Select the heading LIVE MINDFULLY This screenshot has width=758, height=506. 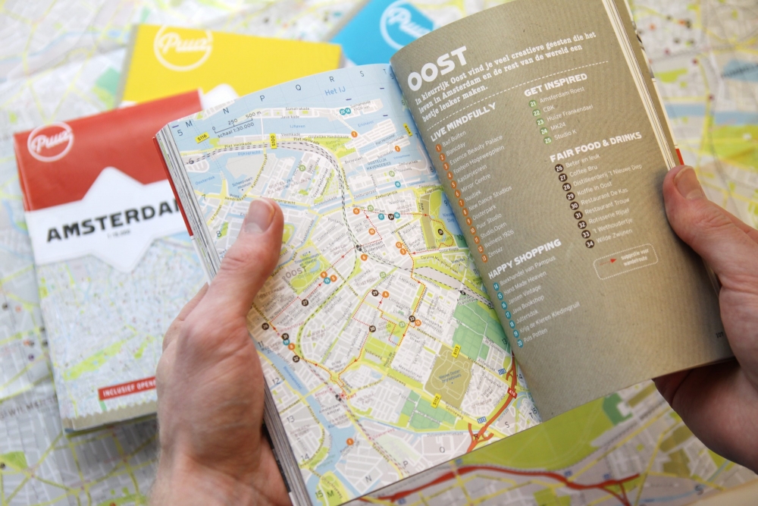coord(462,122)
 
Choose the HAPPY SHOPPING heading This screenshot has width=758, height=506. coord(524,258)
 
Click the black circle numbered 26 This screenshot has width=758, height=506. coord(559,168)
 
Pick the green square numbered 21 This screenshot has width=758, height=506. coord(532,103)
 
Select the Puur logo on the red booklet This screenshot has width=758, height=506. coord(50,141)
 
